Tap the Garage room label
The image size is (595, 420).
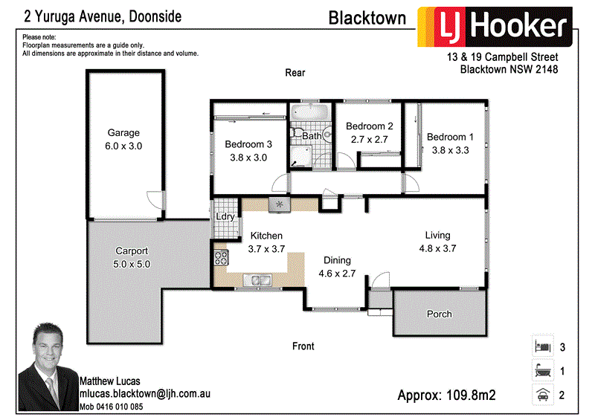coord(123,133)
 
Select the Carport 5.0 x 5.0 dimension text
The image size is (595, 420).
coord(132,264)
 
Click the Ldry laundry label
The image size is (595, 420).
coord(225,217)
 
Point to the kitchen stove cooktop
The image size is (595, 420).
coord(222,259)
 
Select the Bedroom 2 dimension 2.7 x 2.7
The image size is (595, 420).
coord(370,138)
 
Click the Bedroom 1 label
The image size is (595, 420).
coord(450,137)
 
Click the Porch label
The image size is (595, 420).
coord(440,314)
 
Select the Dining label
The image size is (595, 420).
coord(337,260)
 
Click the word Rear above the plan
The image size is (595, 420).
coord(295,73)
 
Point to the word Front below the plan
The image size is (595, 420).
coord(303,346)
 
